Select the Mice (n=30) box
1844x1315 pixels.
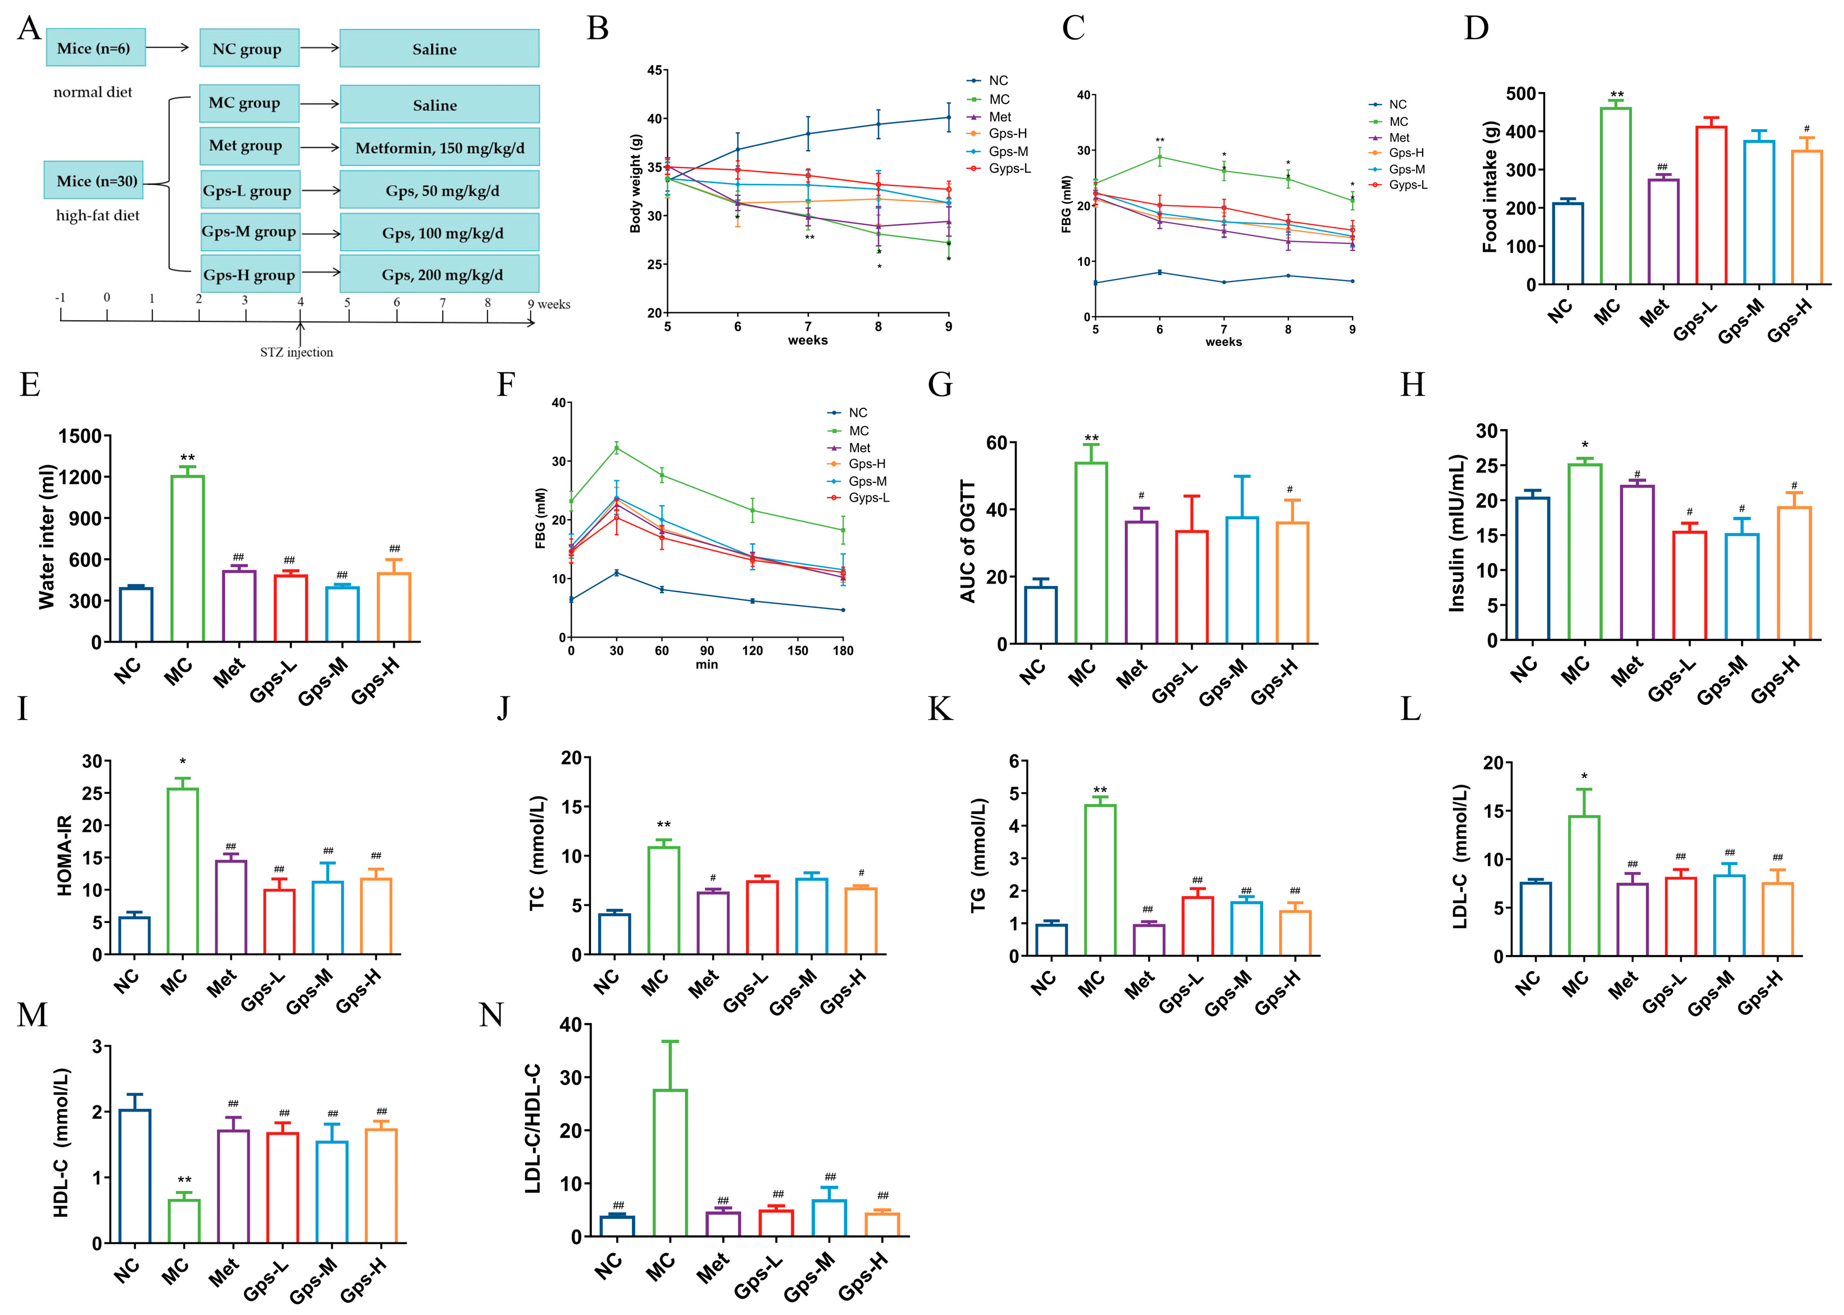click(94, 180)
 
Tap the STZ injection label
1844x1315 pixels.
click(296, 352)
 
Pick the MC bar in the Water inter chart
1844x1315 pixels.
click(188, 559)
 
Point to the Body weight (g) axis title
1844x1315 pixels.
click(635, 183)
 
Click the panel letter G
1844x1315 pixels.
click(939, 385)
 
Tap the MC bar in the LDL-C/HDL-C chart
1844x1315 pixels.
click(670, 1163)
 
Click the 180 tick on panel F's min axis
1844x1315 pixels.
click(843, 650)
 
